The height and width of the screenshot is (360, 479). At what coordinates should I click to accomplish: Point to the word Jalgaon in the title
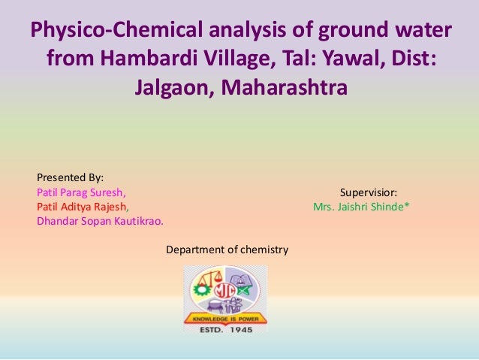click(173, 88)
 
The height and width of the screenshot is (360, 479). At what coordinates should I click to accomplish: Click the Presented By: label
click(71, 177)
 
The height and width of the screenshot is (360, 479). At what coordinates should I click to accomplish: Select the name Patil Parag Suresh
click(81, 192)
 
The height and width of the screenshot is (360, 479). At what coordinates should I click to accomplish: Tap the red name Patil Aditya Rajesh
click(82, 207)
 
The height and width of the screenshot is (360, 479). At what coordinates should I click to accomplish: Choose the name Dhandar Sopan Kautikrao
click(100, 221)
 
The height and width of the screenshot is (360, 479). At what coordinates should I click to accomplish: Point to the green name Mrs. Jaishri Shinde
click(360, 207)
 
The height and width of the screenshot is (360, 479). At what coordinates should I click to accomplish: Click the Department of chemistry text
click(227, 249)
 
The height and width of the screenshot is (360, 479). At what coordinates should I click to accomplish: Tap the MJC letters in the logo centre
click(225, 290)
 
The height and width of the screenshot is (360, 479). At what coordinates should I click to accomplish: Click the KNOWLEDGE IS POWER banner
click(225, 317)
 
